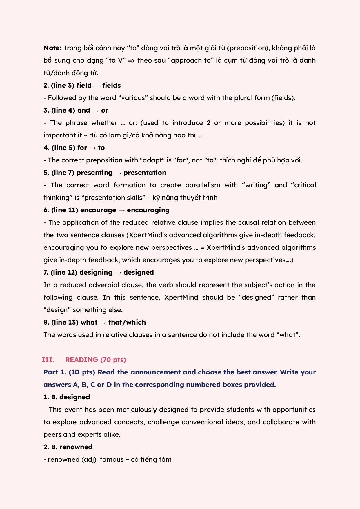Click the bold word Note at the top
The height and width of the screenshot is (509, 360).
pos(52,48)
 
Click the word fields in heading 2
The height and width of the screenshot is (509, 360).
pos(111,85)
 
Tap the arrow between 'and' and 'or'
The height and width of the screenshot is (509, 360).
pos(96,110)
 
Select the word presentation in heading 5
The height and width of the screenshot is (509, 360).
pos(145,173)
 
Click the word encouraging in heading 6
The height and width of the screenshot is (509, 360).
pos(148,210)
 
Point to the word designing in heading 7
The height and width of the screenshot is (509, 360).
pos(96,272)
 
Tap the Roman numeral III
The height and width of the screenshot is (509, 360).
pos(48,360)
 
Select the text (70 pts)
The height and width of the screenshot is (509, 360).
pos(113,360)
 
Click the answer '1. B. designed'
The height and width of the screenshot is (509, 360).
pos(67,397)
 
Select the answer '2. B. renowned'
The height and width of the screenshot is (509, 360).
pos(68,447)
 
